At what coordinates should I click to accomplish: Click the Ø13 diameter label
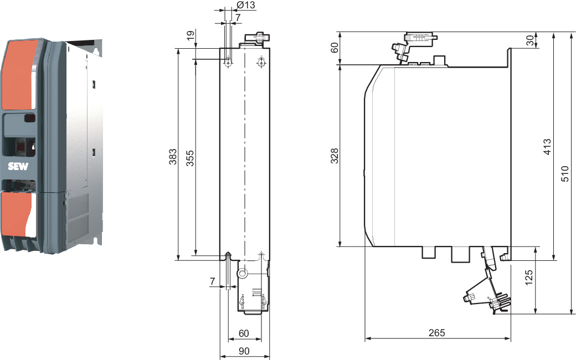point(245,6)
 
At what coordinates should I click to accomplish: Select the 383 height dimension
point(173,156)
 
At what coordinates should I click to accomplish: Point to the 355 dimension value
point(189,156)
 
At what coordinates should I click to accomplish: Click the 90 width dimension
point(244,351)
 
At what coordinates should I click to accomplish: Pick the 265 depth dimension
point(436,332)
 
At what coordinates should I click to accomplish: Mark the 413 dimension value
point(547,147)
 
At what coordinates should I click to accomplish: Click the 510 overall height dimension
point(564,173)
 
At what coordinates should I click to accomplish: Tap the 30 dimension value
point(529,41)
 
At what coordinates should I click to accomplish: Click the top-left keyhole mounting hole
point(228,63)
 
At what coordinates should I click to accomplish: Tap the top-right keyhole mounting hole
point(261,63)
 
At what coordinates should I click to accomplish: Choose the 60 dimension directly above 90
point(244,333)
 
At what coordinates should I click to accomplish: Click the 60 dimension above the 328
point(335,48)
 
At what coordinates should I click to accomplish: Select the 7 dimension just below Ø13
point(238,18)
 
